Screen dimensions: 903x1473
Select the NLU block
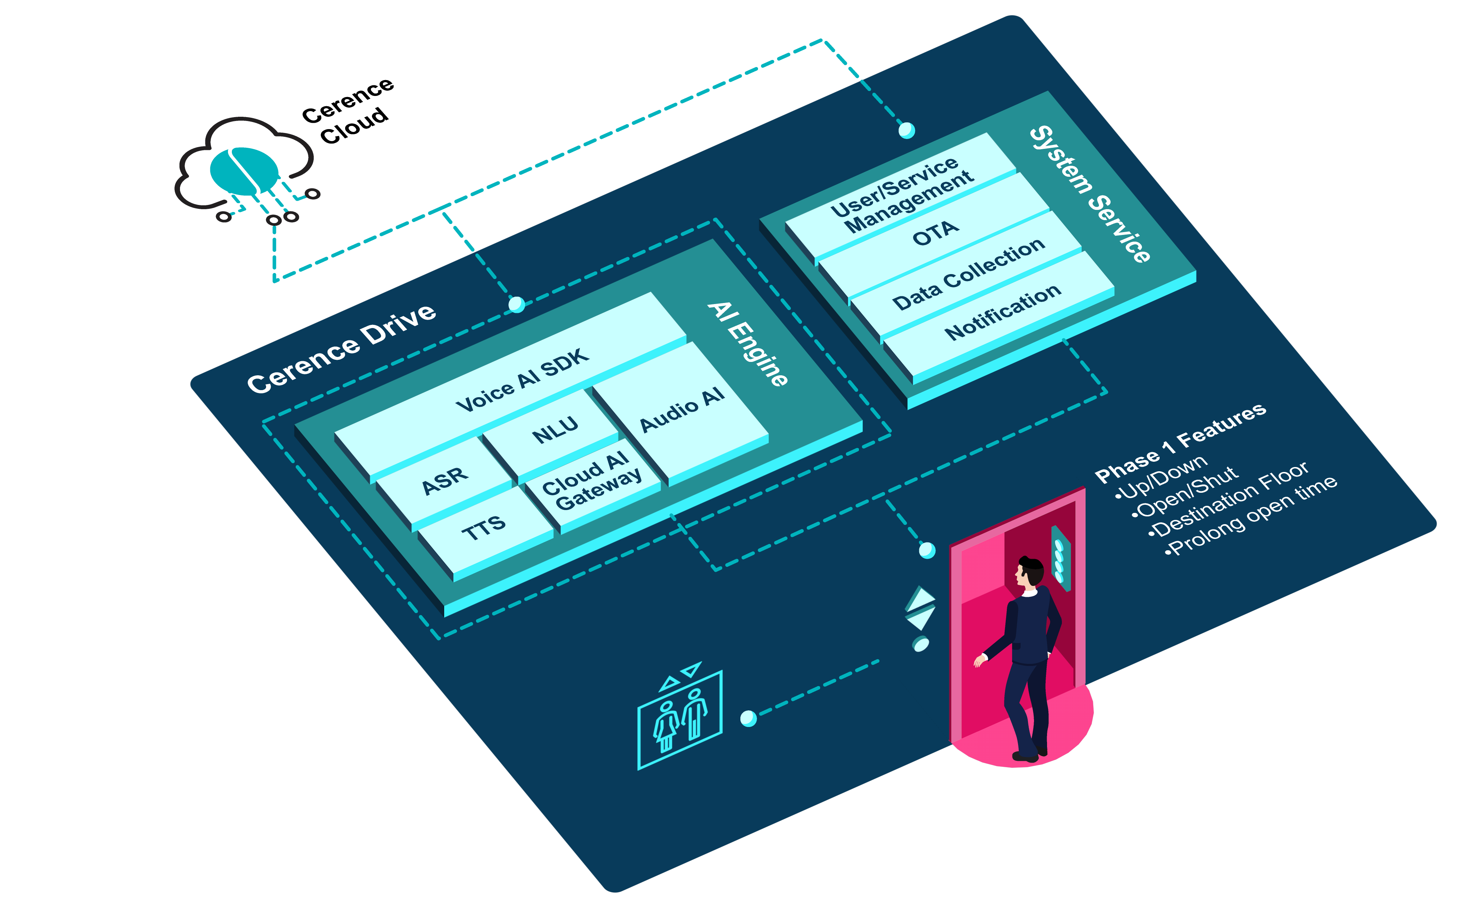pos(555,429)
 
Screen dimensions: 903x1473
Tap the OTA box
pos(936,233)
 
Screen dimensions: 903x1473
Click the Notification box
pos(1003,311)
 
